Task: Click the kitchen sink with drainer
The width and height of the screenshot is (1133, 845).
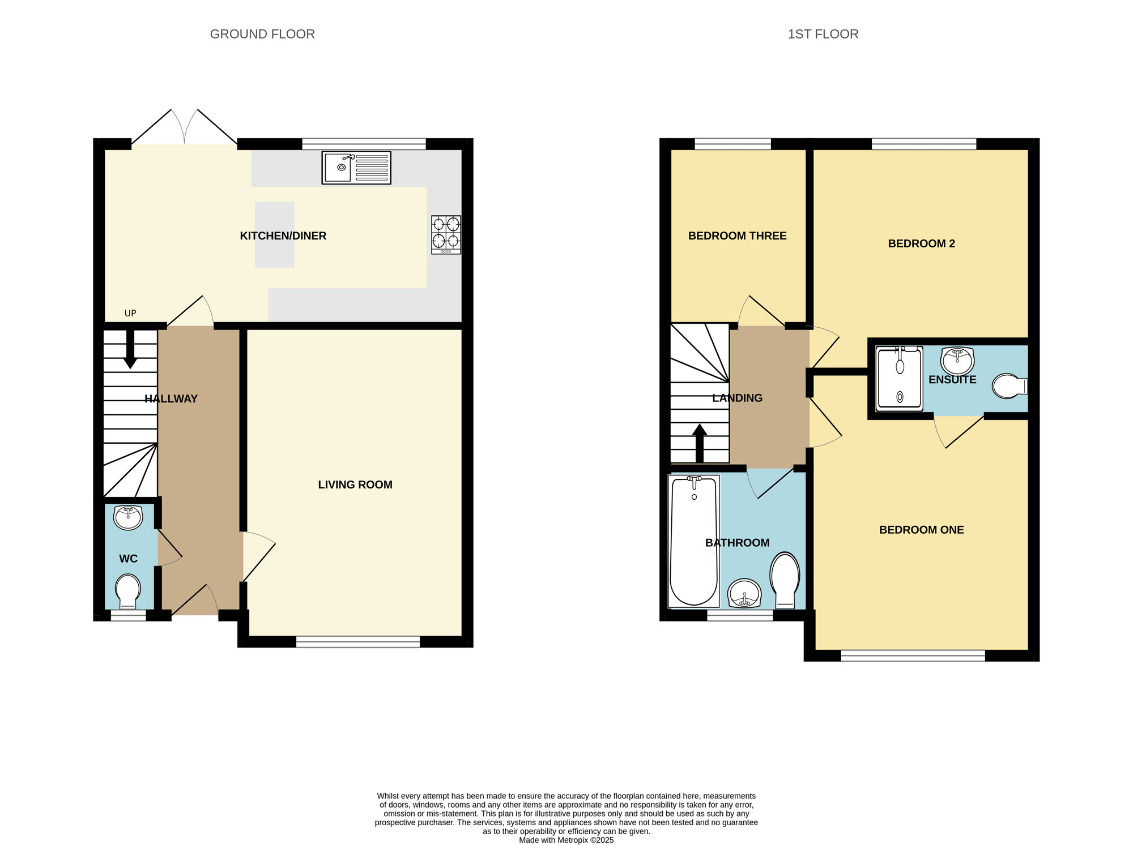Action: pos(356,168)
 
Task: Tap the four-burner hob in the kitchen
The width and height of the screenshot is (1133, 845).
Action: pos(446,234)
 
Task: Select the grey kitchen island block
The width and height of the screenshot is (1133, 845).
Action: pos(274,234)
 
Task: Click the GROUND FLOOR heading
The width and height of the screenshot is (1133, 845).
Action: pos(262,34)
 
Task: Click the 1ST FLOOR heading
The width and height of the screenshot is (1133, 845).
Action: pos(823,34)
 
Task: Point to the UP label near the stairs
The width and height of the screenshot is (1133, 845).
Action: pos(130,314)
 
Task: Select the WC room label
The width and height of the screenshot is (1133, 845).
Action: pos(128,559)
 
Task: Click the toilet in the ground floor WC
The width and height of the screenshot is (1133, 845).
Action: pos(128,591)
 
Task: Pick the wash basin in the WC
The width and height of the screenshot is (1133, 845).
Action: pos(128,517)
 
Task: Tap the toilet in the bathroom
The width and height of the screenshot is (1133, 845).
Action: pos(785,580)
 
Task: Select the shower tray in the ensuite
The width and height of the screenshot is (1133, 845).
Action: pos(900,378)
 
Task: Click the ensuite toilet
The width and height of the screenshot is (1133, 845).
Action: pos(1009,386)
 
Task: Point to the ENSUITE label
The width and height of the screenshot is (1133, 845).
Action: pos(952,380)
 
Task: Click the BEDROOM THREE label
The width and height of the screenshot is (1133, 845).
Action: pos(737,236)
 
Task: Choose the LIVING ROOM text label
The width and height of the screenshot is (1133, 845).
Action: pos(355,484)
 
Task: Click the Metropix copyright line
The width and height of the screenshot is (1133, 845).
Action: pos(566,840)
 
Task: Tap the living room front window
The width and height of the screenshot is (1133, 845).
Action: pos(358,641)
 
